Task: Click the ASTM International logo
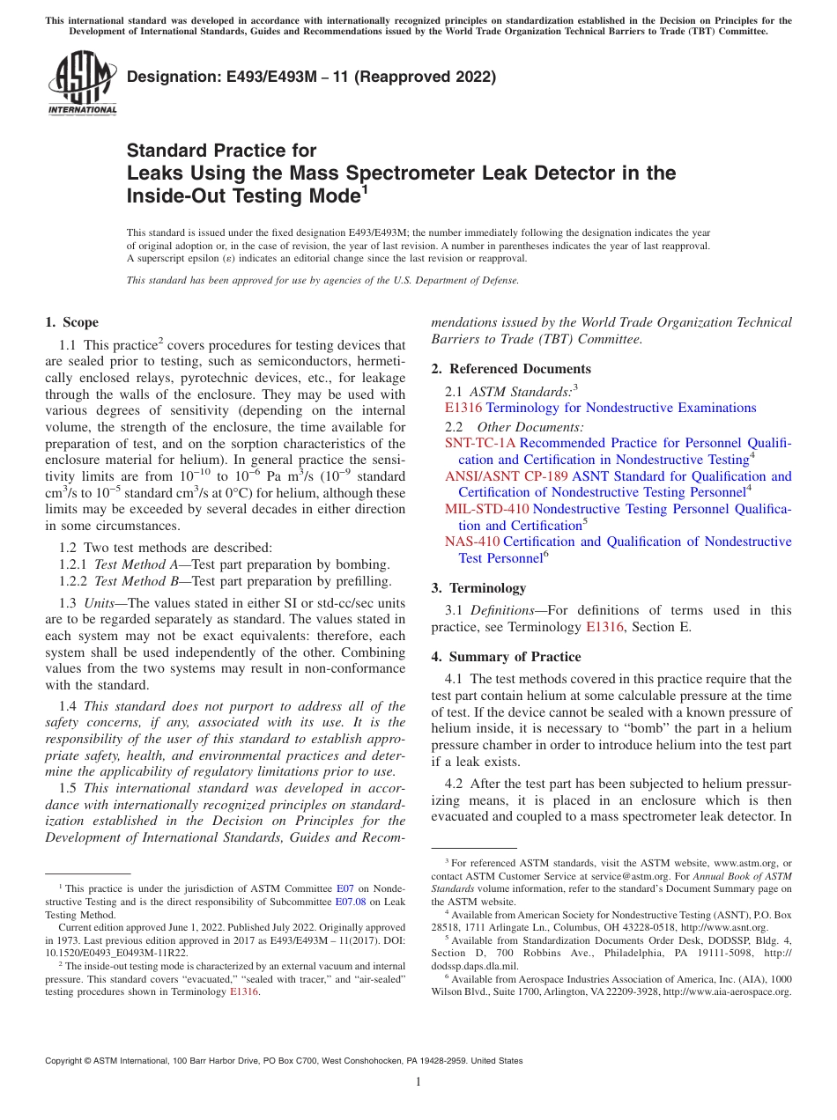[81, 83]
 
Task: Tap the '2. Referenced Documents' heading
[511, 369]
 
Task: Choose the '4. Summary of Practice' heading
[506, 657]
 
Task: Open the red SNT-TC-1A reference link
[480, 444]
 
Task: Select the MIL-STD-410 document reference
[486, 509]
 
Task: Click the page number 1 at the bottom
[418, 1082]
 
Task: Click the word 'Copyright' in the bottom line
[68, 1061]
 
